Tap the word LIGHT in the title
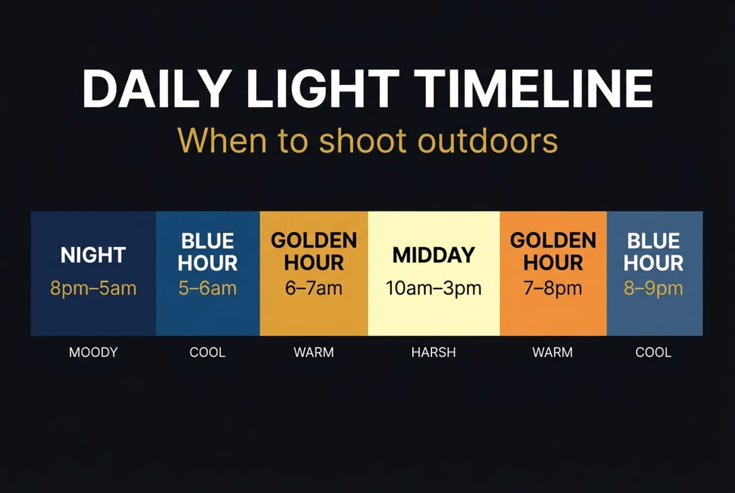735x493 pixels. coord(323,89)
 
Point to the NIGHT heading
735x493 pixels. coord(93,256)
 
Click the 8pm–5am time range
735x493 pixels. coord(93,289)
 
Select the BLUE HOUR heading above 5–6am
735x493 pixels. coord(207,252)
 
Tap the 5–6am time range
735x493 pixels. coord(207,289)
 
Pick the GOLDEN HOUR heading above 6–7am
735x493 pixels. coord(314,252)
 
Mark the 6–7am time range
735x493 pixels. coord(314,289)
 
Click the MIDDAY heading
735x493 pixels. coord(434,256)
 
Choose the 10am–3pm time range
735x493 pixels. coord(434,289)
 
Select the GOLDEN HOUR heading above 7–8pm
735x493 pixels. coord(553,252)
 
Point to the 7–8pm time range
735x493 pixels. coord(553,289)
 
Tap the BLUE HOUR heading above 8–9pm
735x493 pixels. coord(654,252)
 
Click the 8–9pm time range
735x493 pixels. coord(654,289)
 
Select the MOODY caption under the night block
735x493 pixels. coord(93,353)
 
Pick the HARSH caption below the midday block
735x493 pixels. coord(434,353)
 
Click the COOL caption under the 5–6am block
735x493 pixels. coord(207,353)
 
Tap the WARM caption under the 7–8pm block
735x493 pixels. coord(552,353)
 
